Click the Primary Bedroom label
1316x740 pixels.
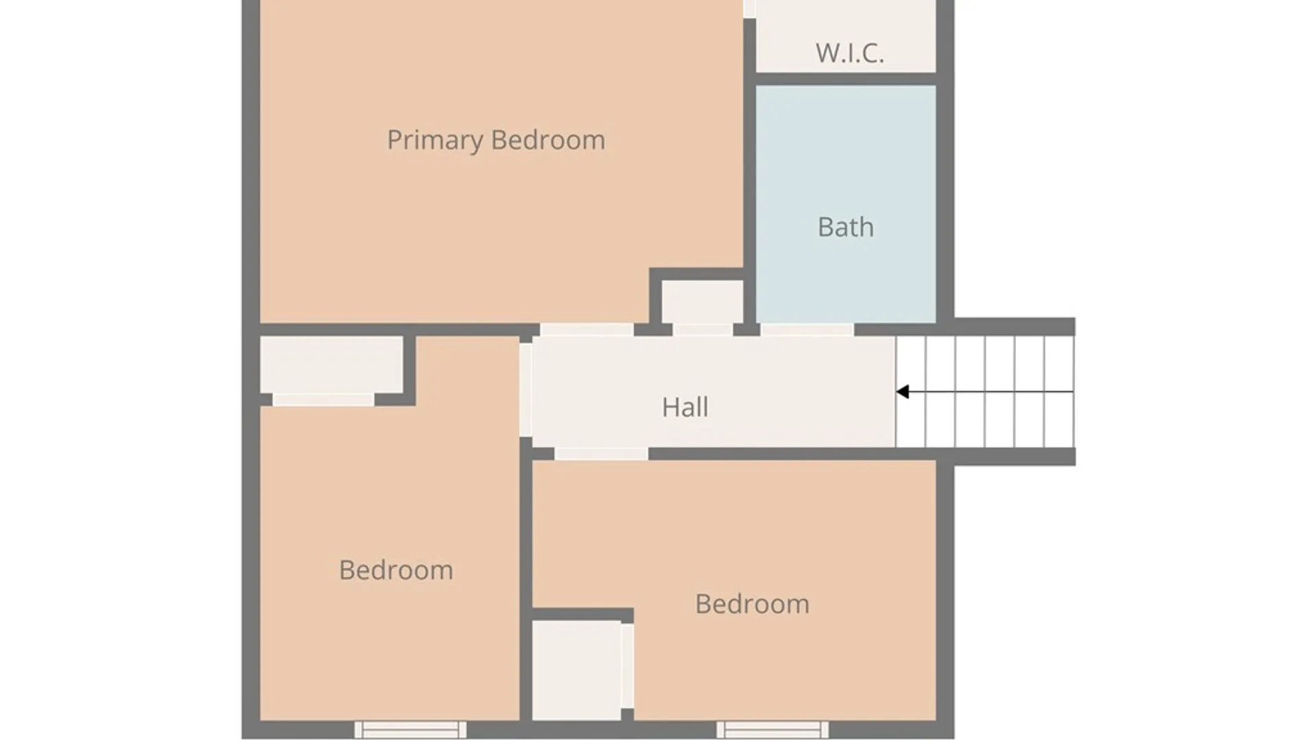tap(496, 140)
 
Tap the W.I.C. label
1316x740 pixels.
tap(850, 53)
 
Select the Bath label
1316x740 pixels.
tap(846, 227)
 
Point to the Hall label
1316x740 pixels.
tap(685, 407)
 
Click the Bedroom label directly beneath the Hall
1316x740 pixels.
tap(753, 604)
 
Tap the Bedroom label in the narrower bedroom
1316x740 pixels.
tap(396, 570)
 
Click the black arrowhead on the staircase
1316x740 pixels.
tap(903, 392)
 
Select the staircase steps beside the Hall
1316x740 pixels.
tap(985, 392)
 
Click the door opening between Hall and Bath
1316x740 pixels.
tap(807, 330)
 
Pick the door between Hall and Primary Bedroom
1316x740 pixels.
tap(587, 330)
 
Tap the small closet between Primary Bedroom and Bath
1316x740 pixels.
tap(703, 301)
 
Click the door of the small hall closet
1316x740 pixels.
tap(703, 330)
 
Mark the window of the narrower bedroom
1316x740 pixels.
tap(411, 730)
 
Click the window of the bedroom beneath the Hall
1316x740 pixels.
tap(772, 730)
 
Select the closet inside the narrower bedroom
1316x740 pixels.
tap(332, 365)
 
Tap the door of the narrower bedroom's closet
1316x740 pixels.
tap(324, 399)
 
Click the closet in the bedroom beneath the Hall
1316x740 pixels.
tap(576, 670)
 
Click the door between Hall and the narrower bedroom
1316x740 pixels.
tap(526, 390)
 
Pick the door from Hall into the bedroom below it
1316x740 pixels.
tap(601, 454)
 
